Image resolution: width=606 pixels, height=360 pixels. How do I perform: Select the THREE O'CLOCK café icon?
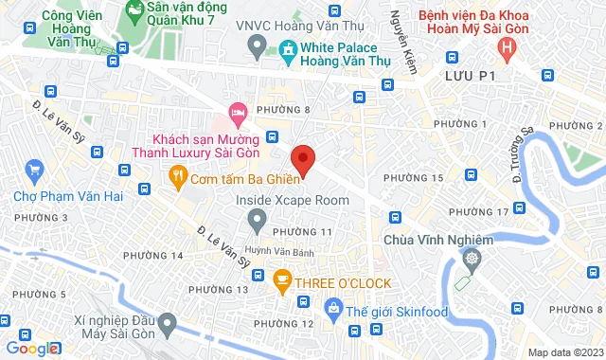pos(281,278)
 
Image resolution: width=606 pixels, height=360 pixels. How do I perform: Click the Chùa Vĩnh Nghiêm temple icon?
pos(471,257)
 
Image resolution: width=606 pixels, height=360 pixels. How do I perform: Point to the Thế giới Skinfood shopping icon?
pos(332,307)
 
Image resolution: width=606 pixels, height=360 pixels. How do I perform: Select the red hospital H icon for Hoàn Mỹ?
pos(510,45)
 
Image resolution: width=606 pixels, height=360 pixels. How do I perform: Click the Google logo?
pos(31,349)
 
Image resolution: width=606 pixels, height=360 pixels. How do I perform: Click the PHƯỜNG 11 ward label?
pos(301,232)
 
